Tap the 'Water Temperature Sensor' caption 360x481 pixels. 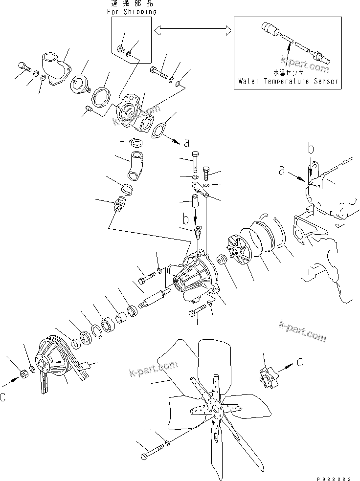[288, 81]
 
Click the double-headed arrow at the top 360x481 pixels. [192, 31]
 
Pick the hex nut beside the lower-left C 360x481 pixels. [22, 374]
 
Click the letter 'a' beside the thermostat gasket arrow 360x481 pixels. [186, 143]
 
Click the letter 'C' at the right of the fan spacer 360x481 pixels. [299, 362]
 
